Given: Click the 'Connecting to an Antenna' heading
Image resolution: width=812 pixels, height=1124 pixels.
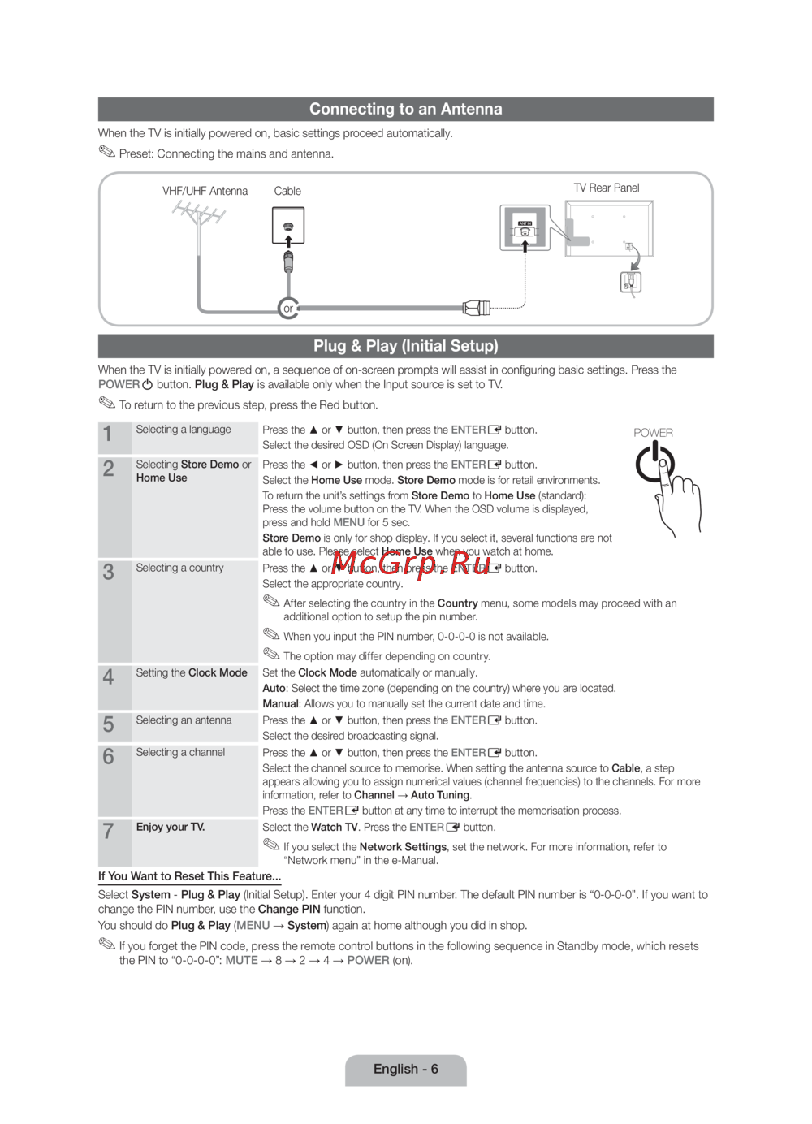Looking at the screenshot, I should pyautogui.click(x=405, y=109).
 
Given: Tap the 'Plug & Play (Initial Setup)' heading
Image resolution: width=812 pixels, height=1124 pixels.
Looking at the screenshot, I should pyautogui.click(x=405, y=346).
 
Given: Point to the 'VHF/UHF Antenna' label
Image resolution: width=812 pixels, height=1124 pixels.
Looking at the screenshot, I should pyautogui.click(x=205, y=191).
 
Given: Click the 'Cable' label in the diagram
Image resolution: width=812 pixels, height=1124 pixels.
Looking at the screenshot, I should pyautogui.click(x=287, y=191).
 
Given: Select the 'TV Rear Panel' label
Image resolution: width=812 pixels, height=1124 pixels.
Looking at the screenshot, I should pyautogui.click(x=607, y=188).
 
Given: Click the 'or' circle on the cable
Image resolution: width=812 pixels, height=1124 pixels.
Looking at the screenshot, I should pyautogui.click(x=287, y=309).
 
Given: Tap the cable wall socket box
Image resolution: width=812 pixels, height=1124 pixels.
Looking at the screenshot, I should pyautogui.click(x=288, y=226).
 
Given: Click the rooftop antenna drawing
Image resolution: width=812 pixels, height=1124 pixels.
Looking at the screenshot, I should pyautogui.click(x=199, y=216).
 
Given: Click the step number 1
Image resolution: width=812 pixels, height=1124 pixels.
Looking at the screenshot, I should pyautogui.click(x=108, y=434).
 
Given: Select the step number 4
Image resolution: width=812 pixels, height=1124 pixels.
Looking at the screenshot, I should pyautogui.click(x=108, y=677).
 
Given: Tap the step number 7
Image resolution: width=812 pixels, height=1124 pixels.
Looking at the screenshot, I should pyautogui.click(x=108, y=831).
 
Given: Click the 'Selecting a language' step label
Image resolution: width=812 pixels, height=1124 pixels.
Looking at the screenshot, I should pyautogui.click(x=184, y=430).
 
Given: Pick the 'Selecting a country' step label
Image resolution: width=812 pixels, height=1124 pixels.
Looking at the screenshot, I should pyautogui.click(x=179, y=568).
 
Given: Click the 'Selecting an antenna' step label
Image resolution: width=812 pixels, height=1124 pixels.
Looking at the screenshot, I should pyautogui.click(x=184, y=720).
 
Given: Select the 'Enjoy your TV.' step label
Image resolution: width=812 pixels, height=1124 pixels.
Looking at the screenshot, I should pyautogui.click(x=171, y=827).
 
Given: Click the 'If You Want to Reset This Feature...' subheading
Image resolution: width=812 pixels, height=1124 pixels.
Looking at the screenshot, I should pyautogui.click(x=189, y=876).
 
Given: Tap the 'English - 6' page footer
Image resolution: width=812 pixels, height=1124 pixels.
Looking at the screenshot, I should pyautogui.click(x=405, y=1069).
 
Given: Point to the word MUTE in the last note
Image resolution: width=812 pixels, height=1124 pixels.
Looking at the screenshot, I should pyautogui.click(x=241, y=960).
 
